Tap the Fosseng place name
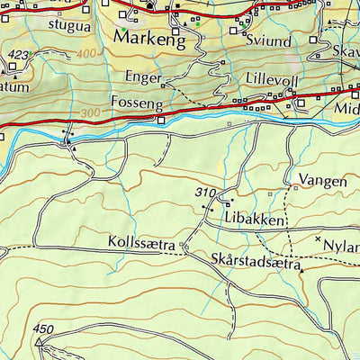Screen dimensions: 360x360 137,103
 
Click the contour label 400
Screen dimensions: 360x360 86,54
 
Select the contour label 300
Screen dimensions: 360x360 89,112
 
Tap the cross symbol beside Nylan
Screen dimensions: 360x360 318,238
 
